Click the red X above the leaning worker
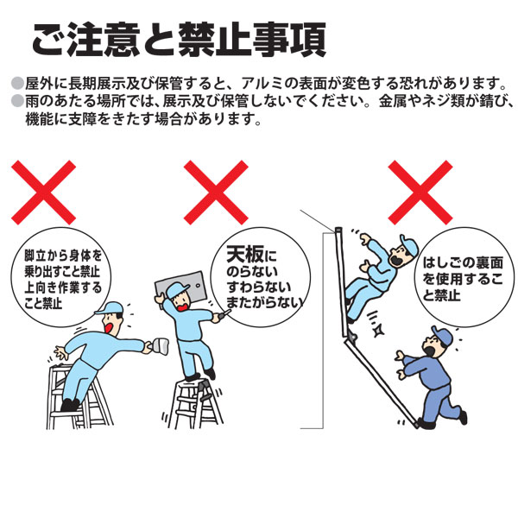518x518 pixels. [44, 193]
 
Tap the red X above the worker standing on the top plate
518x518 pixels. [216, 193]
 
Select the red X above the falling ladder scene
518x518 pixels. [420, 193]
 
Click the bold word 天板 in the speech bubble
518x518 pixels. [245, 254]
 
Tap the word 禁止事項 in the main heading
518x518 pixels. [252, 40]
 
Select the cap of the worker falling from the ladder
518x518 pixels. [409, 243]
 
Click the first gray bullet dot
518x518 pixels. [17, 83]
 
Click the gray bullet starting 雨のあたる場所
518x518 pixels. [17, 101]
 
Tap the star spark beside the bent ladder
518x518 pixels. [377, 330]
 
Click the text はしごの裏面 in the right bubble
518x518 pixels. [463, 263]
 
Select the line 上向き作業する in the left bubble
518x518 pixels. [63, 288]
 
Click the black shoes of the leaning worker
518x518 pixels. [71, 405]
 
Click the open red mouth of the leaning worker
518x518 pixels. [109, 327]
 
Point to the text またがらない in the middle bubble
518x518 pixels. [265, 303]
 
